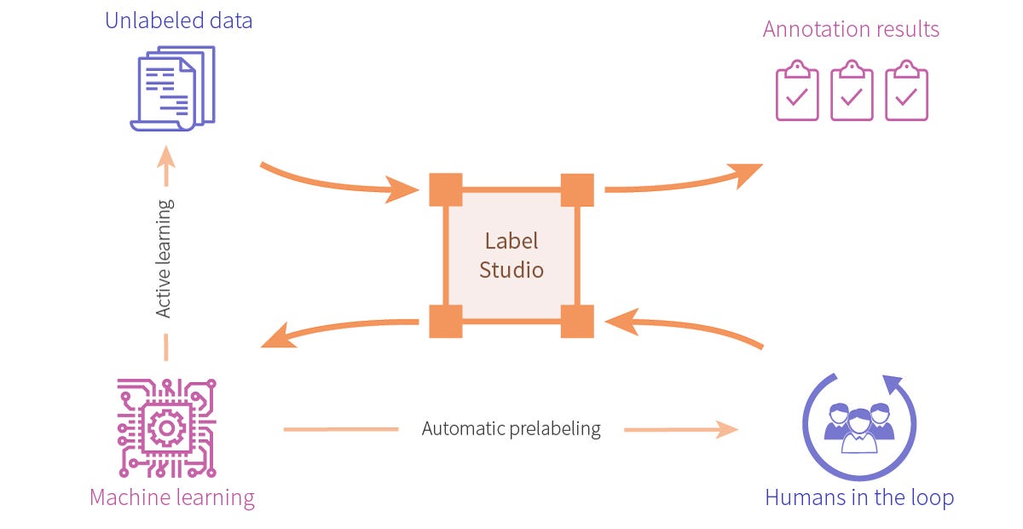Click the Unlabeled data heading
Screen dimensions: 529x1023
click(178, 20)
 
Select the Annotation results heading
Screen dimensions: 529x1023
click(851, 29)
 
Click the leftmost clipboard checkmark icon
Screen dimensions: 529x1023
click(796, 90)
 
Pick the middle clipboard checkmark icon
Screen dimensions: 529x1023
click(851, 90)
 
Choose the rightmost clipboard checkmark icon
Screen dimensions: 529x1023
click(906, 90)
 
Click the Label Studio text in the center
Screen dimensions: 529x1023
click(511, 255)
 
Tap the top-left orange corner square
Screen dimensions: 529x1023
click(446, 189)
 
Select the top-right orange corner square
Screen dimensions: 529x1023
click(577, 189)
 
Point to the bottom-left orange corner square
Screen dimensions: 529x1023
click(446, 321)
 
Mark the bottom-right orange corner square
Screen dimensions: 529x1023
click(577, 321)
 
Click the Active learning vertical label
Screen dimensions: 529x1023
click(165, 258)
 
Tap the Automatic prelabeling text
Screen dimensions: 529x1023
click(511, 428)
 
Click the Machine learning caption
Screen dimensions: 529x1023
click(171, 497)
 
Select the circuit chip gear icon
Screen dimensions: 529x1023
click(167, 427)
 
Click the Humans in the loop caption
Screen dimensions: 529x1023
click(858, 497)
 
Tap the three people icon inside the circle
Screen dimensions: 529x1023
click(858, 424)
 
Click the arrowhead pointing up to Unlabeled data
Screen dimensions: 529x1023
click(165, 157)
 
